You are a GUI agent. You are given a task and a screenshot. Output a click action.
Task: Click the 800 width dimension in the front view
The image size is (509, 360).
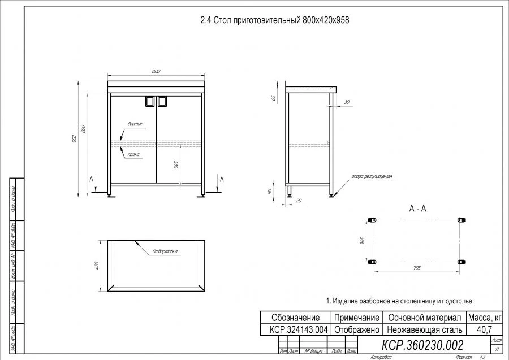(x=156, y=71)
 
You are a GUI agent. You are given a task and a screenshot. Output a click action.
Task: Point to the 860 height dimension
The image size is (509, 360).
(x=83, y=129)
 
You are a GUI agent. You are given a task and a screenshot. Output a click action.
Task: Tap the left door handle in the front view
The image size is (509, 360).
(x=150, y=101)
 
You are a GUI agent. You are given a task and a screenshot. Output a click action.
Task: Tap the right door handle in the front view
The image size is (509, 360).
(x=162, y=101)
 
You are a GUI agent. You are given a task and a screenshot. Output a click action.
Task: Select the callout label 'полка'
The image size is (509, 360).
(x=133, y=153)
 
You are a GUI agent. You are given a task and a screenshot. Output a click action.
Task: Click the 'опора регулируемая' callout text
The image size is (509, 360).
(x=372, y=177)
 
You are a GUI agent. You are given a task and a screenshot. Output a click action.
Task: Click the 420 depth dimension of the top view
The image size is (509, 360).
(x=97, y=265)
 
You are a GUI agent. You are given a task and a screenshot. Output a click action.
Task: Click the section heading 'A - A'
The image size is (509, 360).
(x=417, y=209)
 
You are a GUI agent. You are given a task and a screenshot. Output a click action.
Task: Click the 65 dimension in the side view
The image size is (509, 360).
(x=274, y=98)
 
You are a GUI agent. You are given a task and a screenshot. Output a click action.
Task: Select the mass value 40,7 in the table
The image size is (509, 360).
(x=484, y=329)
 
